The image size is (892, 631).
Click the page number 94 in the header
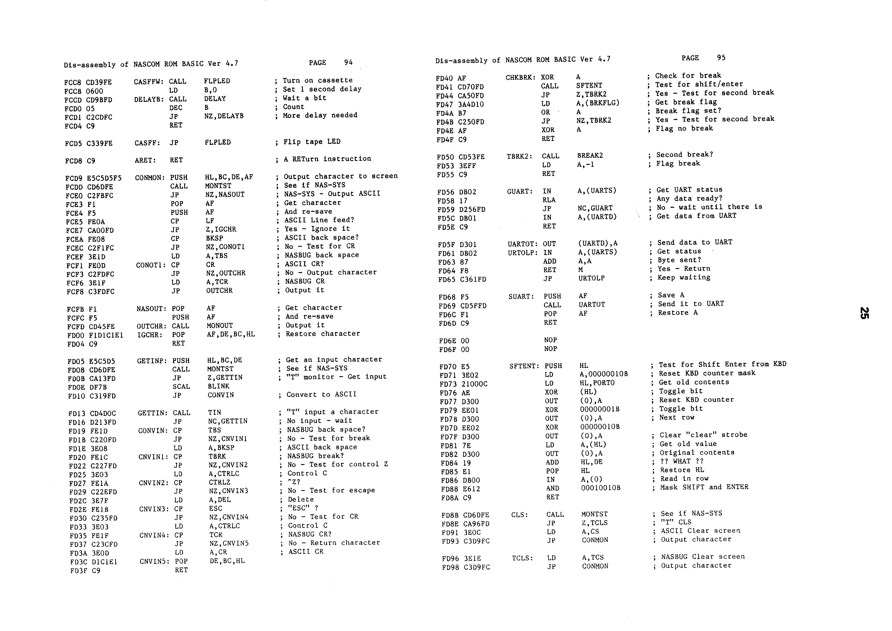pyautogui.click(x=348, y=62)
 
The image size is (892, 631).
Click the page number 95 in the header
pyautogui.click(x=721, y=57)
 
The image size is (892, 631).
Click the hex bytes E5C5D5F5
pyautogui.click(x=104, y=178)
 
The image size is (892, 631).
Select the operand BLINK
pyautogui.click(x=218, y=386)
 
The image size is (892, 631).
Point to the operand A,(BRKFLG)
pyautogui.click(x=598, y=103)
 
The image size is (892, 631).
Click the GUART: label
pyautogui.click(x=520, y=191)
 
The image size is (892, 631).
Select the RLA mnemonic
pyautogui.click(x=549, y=200)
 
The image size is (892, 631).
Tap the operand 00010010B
pyautogui.click(x=601, y=488)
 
